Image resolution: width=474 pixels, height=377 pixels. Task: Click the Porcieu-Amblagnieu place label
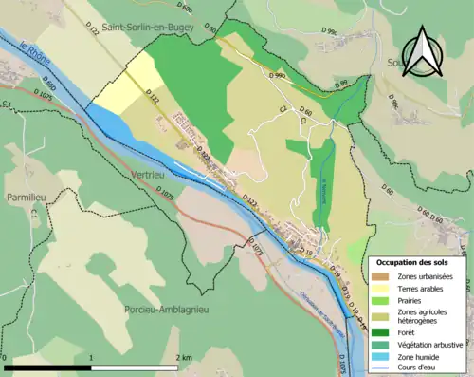[x=167, y=310]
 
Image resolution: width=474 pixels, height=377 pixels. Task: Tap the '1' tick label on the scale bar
[x=91, y=357]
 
